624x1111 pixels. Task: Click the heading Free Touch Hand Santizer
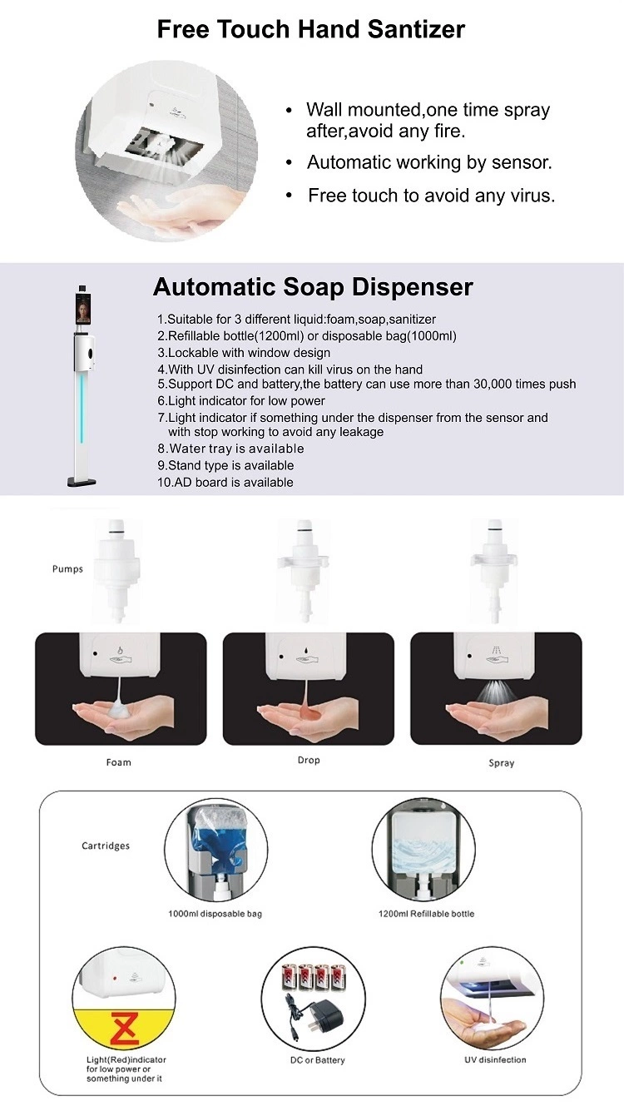click(x=311, y=29)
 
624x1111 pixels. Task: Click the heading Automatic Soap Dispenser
click(x=313, y=286)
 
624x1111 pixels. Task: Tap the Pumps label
click(x=67, y=569)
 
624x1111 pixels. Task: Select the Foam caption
click(x=118, y=762)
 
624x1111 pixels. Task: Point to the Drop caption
click(x=309, y=760)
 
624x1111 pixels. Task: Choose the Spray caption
click(x=501, y=763)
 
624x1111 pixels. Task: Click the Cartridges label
click(x=106, y=846)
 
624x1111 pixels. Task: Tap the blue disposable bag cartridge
click(x=215, y=844)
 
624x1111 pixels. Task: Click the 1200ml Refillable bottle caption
click(x=426, y=914)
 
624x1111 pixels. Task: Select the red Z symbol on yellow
click(x=124, y=1029)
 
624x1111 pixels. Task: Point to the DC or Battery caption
click(x=318, y=1060)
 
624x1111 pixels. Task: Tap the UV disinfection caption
click(x=495, y=1059)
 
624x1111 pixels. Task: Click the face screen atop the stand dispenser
click(x=83, y=309)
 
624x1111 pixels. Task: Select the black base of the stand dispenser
click(x=82, y=481)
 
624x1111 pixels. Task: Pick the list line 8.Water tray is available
click(x=230, y=449)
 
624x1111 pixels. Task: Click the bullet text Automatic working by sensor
click(x=429, y=162)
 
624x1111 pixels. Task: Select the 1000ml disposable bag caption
click(x=215, y=914)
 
